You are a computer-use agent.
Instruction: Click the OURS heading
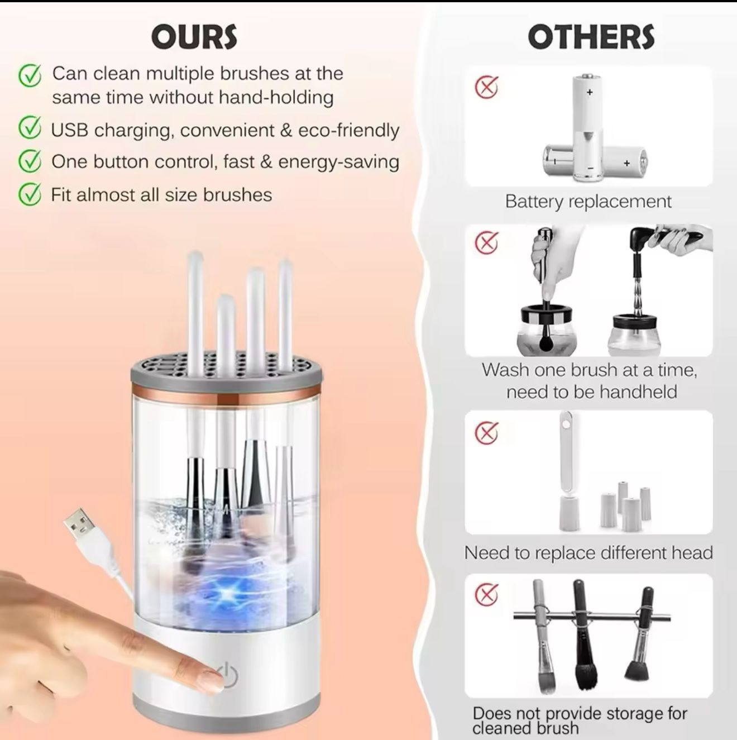pyautogui.click(x=194, y=37)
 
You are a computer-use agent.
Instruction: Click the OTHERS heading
pyautogui.click(x=591, y=37)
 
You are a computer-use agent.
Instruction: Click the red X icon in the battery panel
pyautogui.click(x=487, y=88)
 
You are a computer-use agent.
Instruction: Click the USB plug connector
pyautogui.click(x=81, y=526)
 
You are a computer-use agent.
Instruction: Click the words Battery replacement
pyautogui.click(x=588, y=202)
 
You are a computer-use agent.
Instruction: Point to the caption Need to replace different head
pyautogui.click(x=588, y=553)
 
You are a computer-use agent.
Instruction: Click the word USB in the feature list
pyautogui.click(x=70, y=130)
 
